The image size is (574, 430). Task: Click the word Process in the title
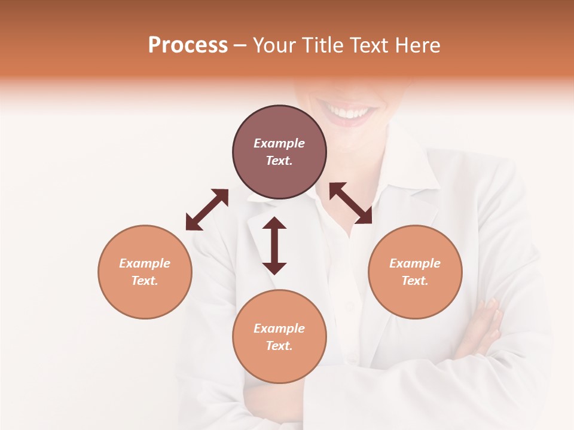[188, 45]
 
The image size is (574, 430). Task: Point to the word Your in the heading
[275, 45]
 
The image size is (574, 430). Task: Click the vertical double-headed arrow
[274, 245]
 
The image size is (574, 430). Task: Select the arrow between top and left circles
[207, 210]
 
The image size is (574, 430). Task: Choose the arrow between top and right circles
[351, 204]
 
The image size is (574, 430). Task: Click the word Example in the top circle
[279, 143]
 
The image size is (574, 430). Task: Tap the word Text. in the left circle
[145, 281]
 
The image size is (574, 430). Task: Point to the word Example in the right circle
[415, 263]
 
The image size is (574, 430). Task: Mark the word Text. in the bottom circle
[279, 346]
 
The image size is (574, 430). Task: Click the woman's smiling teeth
[350, 112]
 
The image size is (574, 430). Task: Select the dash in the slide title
[240, 45]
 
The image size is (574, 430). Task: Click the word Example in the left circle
[145, 263]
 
